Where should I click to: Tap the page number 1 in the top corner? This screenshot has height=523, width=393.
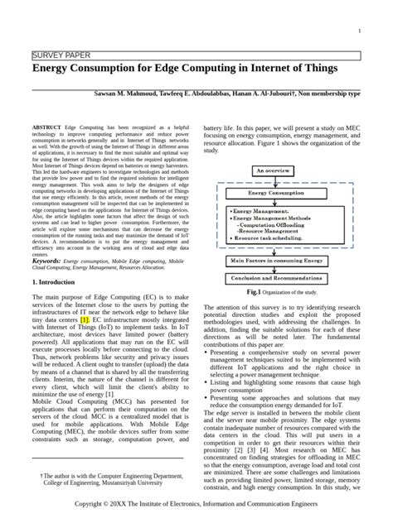358,31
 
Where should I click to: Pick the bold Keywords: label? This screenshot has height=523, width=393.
50,260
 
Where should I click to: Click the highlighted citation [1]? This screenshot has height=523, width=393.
109,319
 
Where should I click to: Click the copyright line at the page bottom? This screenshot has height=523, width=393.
196,502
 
